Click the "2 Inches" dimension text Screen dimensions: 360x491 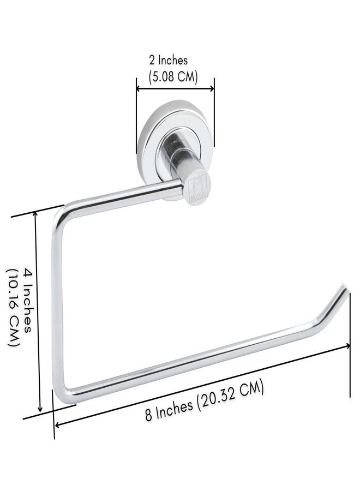[169, 60]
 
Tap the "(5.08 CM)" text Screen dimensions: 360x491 [173, 76]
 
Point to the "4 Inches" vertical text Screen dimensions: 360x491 [28, 300]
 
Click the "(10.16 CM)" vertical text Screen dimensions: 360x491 [13, 307]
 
